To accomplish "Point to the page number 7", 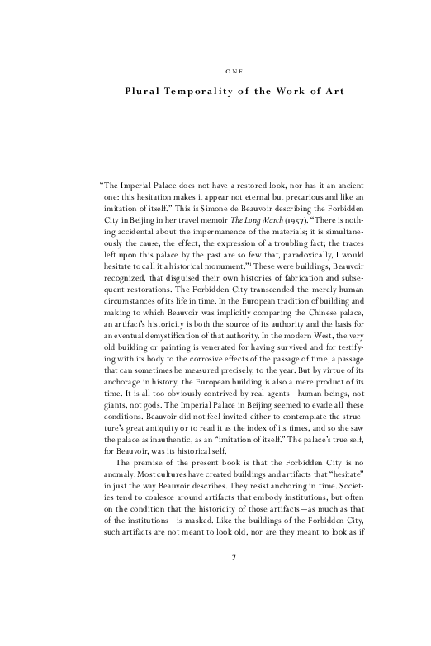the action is tap(234, 581).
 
